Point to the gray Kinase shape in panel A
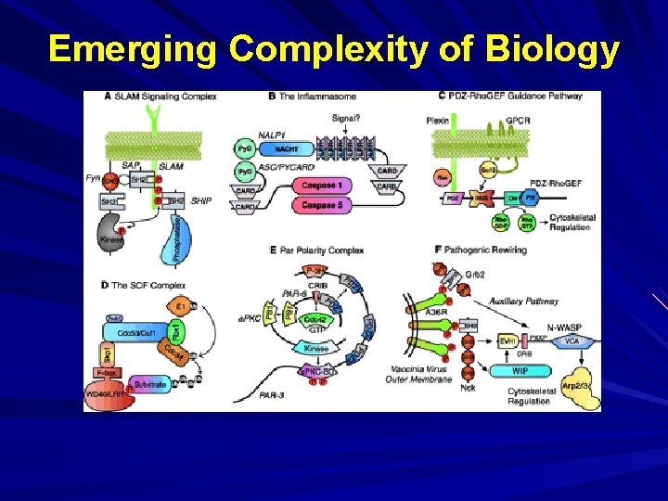(110, 238)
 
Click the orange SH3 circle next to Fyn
(109, 180)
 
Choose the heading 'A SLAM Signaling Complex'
(161, 96)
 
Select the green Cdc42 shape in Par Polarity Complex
(318, 320)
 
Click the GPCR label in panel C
(518, 120)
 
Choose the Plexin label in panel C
(437, 120)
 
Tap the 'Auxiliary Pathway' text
(525, 302)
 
